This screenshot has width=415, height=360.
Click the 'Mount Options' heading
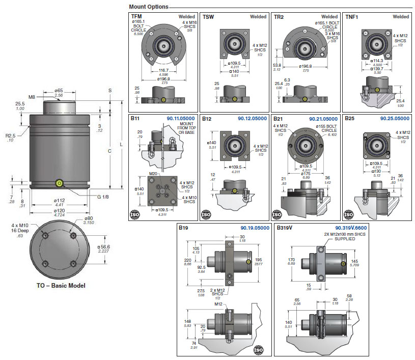tap(149, 7)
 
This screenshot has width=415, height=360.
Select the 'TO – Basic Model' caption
tap(61, 285)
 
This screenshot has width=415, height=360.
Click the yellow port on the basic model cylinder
tap(60, 183)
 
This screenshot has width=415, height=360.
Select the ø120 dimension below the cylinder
tap(59, 210)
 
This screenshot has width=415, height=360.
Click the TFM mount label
tap(137, 17)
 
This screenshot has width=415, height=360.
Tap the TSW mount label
tap(208, 17)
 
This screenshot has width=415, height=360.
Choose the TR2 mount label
tap(279, 17)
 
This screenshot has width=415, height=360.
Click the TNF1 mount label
tap(352, 17)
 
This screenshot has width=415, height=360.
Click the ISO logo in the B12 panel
tap(206, 214)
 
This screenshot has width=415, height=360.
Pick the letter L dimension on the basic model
tap(121, 145)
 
